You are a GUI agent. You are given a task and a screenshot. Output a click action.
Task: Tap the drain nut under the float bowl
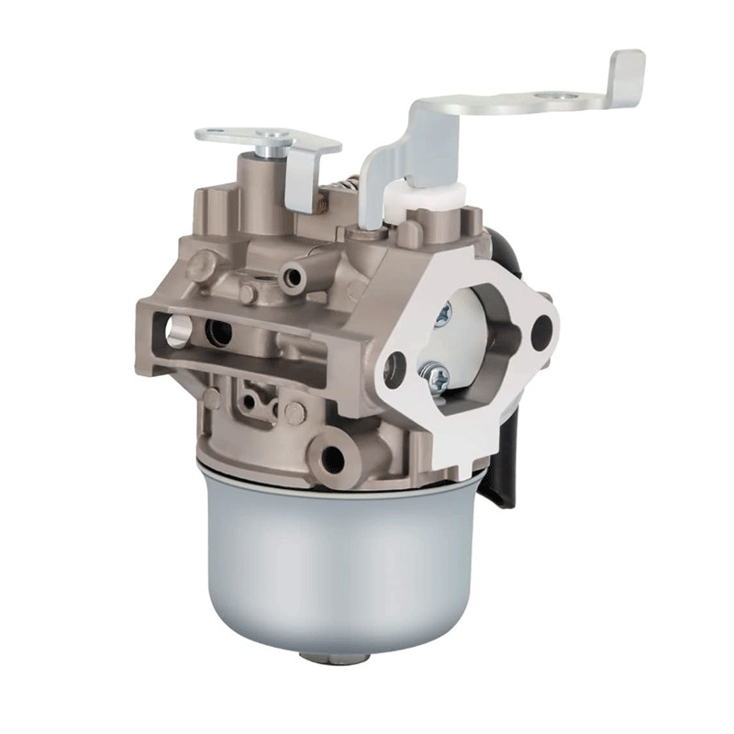pos(336,657)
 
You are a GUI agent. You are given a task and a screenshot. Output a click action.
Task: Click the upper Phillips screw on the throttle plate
pos(443,315)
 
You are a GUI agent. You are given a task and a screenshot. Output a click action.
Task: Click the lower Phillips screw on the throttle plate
pos(435,374)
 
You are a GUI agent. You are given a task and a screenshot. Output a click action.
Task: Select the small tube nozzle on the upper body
pos(296,274)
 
